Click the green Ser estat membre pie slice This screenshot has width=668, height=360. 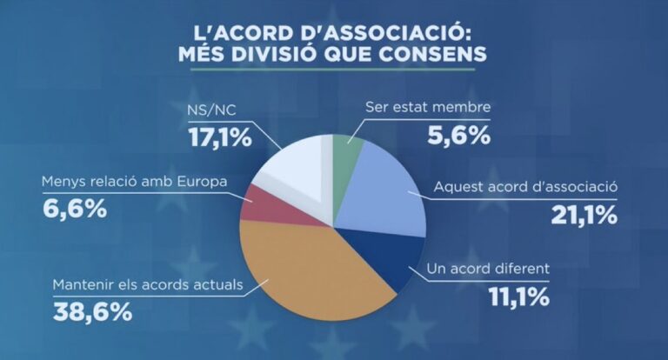[347, 153]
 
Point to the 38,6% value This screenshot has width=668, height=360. [92, 311]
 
